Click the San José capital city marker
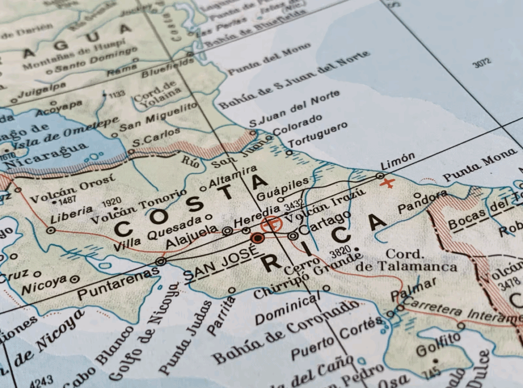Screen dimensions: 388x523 258,238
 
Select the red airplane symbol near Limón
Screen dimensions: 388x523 388,183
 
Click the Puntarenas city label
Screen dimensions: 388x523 118,283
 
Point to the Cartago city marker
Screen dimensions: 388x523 293,236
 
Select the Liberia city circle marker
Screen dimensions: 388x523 51,230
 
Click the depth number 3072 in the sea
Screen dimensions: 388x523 481,64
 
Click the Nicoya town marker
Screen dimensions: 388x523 75,279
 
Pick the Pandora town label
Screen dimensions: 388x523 422,202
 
